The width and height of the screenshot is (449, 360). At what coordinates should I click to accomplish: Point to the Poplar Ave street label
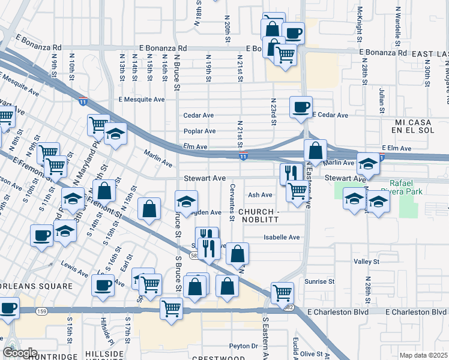click(200, 131)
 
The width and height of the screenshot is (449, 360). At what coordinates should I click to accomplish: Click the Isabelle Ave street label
click(282, 238)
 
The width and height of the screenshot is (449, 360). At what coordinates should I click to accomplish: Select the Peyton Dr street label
click(243, 346)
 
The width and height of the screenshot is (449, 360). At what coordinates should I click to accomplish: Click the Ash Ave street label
click(260, 195)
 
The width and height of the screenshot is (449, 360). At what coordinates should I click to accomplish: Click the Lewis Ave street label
click(74, 265)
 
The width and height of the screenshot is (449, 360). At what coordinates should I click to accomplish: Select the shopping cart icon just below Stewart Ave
click(297, 190)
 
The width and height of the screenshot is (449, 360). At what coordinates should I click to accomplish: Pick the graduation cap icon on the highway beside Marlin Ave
click(368, 163)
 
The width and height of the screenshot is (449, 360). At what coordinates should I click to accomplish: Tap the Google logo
click(20, 353)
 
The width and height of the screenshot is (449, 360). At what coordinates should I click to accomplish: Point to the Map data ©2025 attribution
click(424, 355)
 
